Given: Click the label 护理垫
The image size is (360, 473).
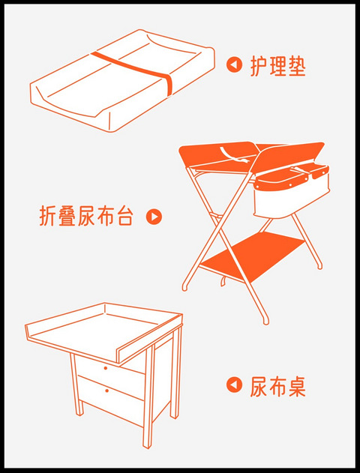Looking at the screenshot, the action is [x=278, y=65].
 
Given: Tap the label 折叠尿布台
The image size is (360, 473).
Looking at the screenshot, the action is [x=86, y=217].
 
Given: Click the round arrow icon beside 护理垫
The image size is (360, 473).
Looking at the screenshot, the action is [x=234, y=64].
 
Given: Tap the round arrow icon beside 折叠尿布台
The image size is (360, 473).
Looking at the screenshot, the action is [x=154, y=217].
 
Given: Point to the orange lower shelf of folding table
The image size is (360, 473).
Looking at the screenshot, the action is [x=252, y=256].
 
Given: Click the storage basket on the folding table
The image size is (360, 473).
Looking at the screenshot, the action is [x=291, y=192].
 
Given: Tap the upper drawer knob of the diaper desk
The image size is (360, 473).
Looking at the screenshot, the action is [x=105, y=368].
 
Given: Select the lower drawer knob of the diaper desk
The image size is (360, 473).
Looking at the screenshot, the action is [x=106, y=391].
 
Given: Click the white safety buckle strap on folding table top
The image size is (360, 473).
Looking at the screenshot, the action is [x=235, y=155].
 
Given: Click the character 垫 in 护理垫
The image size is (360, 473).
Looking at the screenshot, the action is [x=297, y=65].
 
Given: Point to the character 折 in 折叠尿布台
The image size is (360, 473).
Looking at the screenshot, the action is [x=48, y=217].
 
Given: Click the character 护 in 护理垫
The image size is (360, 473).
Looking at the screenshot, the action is [x=259, y=65].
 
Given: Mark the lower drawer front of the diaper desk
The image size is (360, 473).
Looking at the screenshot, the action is [x=111, y=399].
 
